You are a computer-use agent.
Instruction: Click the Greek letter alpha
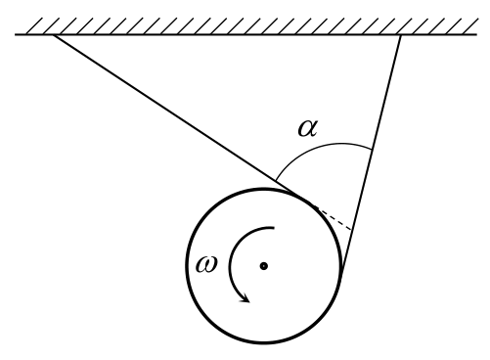pyautogui.click(x=307, y=128)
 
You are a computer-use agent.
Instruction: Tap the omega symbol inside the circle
pyautogui.click(x=206, y=264)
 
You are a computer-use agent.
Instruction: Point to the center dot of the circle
pyautogui.click(x=264, y=266)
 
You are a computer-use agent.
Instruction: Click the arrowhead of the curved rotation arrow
pyautogui.click(x=245, y=298)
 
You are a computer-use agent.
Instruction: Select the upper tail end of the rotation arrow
pyautogui.click(x=274, y=227)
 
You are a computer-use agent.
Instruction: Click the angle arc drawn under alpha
pyautogui.click(x=326, y=146)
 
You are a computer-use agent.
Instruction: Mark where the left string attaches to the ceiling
pyautogui.click(x=54, y=34)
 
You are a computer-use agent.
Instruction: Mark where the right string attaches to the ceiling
pyautogui.click(x=401, y=34)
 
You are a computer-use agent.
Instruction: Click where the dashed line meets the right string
pyautogui.click(x=352, y=230)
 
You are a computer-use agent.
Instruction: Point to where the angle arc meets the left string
pyautogui.click(x=276, y=180)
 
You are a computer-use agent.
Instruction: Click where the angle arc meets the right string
pyautogui.click(x=372, y=150)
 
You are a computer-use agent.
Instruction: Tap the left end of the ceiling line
pyautogui.click(x=16, y=34)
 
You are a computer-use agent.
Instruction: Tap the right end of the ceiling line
pyautogui.click(x=477, y=34)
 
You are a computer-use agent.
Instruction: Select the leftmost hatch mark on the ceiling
pyautogui.click(x=34, y=25)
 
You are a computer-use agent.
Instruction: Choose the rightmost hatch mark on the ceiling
pyautogui.click(x=469, y=25)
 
